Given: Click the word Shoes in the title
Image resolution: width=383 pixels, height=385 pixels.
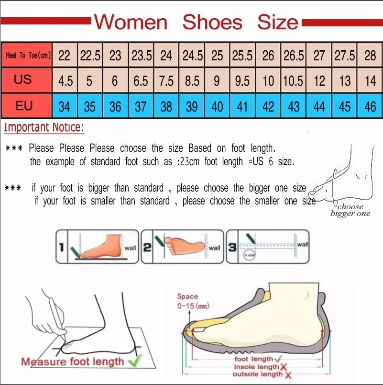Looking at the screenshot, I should tap(212, 22).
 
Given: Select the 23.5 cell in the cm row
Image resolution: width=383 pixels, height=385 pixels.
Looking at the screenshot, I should tap(142, 56).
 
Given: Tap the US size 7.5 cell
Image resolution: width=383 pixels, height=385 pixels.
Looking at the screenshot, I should tap(166, 81).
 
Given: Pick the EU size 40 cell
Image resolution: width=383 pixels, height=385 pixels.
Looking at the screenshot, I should tap(217, 106).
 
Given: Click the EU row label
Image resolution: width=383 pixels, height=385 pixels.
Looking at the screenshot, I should tap(24, 105).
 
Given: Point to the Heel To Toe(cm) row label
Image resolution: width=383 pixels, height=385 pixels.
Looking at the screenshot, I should tap(28, 56).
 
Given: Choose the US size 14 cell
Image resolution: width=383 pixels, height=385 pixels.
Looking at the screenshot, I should tap(370, 81).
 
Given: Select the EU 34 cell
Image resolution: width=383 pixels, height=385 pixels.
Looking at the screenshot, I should tap(64, 106).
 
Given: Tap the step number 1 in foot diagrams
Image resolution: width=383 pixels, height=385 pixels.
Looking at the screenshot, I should tap(61, 248).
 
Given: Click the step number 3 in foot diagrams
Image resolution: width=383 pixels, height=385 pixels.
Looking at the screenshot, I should tap(232, 248).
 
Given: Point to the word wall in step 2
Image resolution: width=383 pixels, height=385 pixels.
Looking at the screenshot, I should tap(215, 248).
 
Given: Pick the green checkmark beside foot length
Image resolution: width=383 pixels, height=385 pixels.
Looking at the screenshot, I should tap(278, 359).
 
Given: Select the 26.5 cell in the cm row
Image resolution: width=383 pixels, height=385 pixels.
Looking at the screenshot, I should tap(294, 56).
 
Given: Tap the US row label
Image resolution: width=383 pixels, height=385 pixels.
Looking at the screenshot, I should tap(22, 79).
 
